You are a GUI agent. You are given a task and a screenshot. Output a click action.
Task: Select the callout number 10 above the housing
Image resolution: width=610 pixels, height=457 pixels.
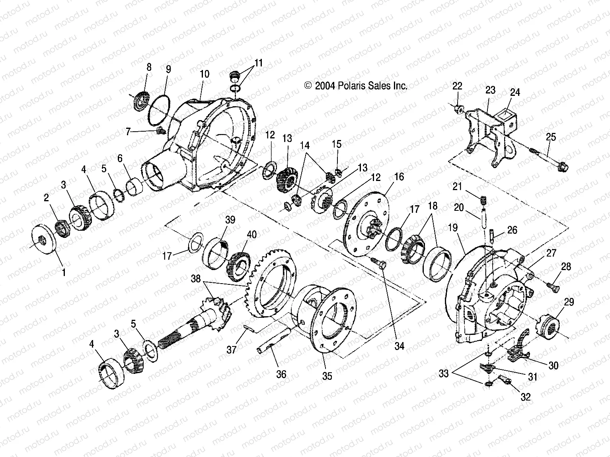pos(205,74)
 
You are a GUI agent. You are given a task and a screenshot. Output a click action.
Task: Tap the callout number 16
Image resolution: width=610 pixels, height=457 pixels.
pos(399,177)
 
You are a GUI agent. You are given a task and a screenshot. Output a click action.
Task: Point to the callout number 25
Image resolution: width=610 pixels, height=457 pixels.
pos(551,137)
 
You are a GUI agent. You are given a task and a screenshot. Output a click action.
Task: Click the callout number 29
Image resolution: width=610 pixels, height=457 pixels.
pos(569,302)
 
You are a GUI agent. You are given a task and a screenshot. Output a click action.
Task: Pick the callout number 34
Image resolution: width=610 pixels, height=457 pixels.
pos(399,346)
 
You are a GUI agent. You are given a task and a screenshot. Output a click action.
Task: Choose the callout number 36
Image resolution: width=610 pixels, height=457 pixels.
pos(281,374)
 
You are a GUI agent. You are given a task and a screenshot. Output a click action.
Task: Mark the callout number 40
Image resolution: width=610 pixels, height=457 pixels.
pos(251,235)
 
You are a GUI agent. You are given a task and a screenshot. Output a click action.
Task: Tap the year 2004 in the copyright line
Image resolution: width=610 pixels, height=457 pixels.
pos(325,86)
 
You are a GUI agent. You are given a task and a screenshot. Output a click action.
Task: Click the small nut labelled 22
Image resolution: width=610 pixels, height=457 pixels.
pos(458,108)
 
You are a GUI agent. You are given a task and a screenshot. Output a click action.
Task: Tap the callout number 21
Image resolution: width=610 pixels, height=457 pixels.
pos(458,186)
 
